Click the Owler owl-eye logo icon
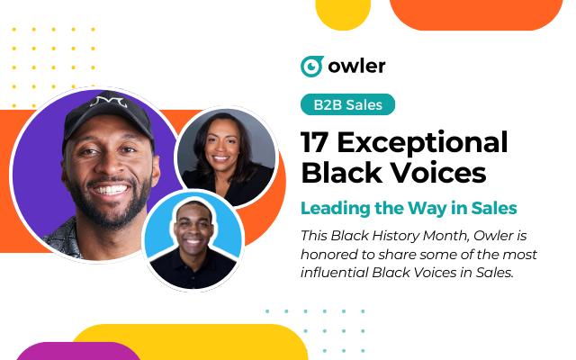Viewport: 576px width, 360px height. point(311,67)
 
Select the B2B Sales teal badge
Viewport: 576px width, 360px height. point(347,104)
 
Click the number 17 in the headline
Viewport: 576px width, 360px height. point(319,142)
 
